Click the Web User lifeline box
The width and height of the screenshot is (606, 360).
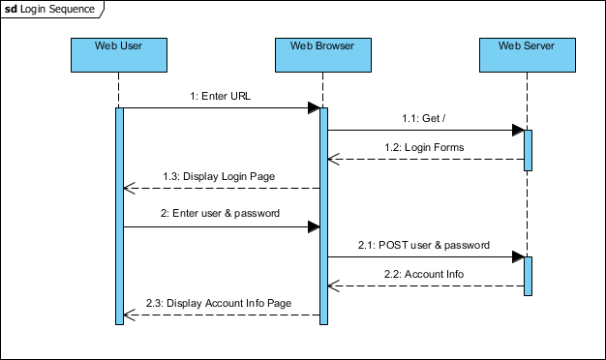pyautogui.click(x=118, y=55)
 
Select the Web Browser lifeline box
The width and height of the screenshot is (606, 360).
pyautogui.click(x=322, y=55)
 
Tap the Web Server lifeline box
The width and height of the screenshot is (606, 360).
pyautogui.click(x=528, y=55)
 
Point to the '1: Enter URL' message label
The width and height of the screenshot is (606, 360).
pyautogui.click(x=220, y=97)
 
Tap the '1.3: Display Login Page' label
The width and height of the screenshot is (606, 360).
pyautogui.click(x=219, y=176)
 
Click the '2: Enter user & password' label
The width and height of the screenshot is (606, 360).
pyautogui.click(x=220, y=213)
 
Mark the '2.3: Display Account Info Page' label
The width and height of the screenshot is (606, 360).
pyautogui.click(x=220, y=303)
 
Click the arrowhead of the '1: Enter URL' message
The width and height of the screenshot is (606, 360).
pyautogui.click(x=314, y=107)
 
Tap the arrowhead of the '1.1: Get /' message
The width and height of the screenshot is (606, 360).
pyautogui.click(x=519, y=130)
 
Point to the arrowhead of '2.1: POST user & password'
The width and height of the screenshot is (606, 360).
pyautogui.click(x=519, y=256)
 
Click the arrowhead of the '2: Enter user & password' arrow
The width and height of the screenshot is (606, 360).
pyautogui.click(x=314, y=226)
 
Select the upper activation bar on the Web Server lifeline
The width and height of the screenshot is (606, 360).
pyautogui.click(x=529, y=150)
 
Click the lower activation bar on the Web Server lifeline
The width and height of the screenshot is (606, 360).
pyautogui.click(x=529, y=276)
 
